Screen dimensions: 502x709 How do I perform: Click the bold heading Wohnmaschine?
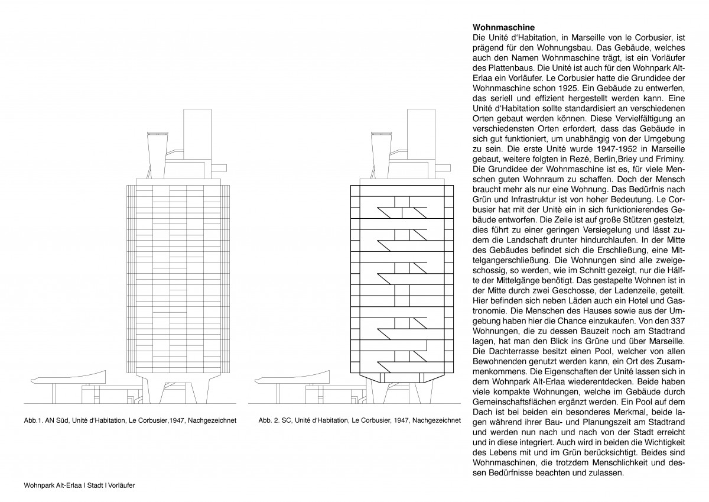coord(504,27)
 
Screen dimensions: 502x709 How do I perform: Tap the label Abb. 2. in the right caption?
coord(271,421)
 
